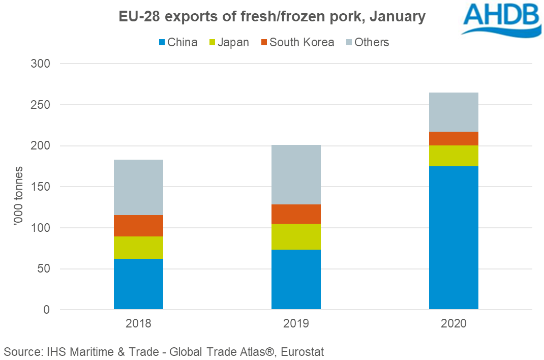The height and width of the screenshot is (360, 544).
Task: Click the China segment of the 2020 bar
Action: [454, 237]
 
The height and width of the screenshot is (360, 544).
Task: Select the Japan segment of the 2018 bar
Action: [138, 248]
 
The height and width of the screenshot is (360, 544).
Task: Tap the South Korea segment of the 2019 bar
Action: [296, 214]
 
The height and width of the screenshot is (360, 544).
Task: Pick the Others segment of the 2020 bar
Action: [454, 112]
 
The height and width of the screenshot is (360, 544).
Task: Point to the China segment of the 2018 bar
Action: [138, 284]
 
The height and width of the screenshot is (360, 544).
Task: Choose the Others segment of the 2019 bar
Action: [296, 174]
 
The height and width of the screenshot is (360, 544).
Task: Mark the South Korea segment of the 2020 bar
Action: [454, 138]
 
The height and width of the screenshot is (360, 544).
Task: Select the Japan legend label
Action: [233, 43]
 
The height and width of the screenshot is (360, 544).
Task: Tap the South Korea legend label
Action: [302, 43]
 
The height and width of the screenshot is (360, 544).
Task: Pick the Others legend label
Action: [372, 43]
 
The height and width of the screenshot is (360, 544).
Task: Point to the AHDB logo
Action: [500, 18]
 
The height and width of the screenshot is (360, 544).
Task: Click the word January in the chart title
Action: [397, 17]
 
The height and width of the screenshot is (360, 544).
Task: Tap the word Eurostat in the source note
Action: [300, 351]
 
